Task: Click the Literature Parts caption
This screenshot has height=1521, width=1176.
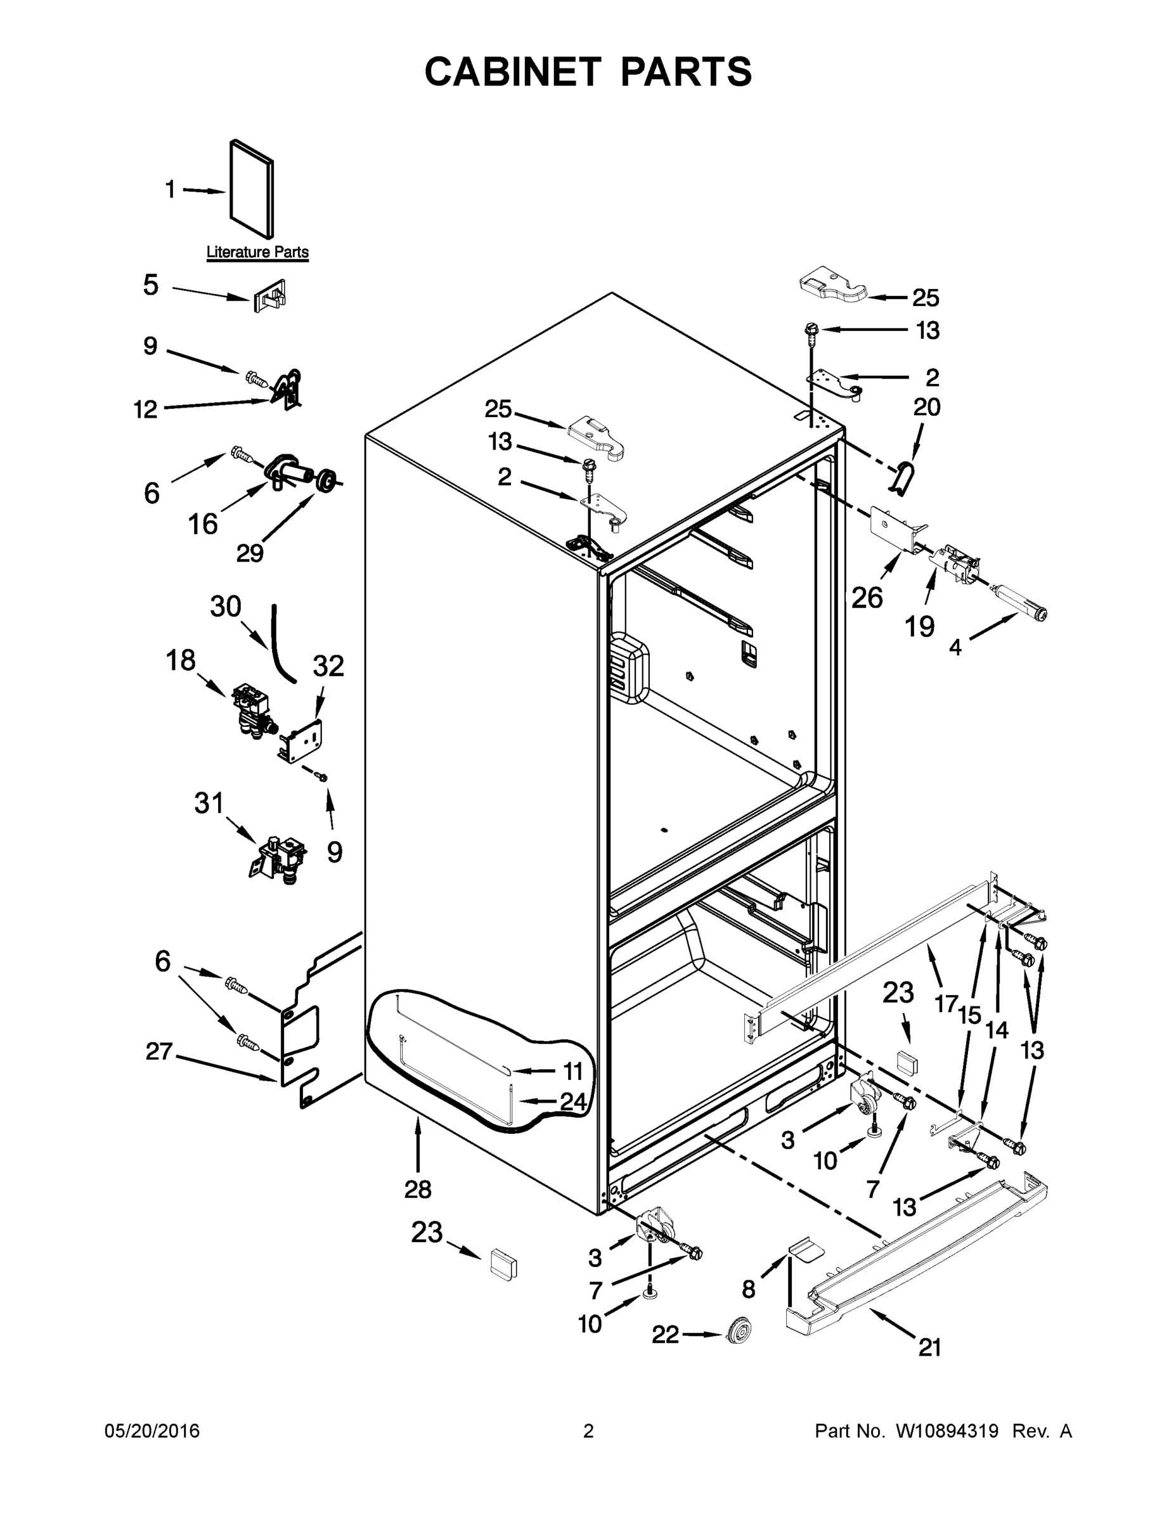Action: [x=257, y=252]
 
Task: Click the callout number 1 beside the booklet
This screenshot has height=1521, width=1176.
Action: [x=170, y=189]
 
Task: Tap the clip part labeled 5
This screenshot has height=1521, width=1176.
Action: [x=270, y=297]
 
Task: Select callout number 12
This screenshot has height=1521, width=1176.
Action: [x=146, y=409]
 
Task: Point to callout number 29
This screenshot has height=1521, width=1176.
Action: [x=249, y=553]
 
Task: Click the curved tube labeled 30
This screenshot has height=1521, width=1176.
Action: [x=280, y=643]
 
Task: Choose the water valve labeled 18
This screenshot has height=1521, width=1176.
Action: [x=251, y=710]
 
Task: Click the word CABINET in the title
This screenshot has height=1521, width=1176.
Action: [x=512, y=72]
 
